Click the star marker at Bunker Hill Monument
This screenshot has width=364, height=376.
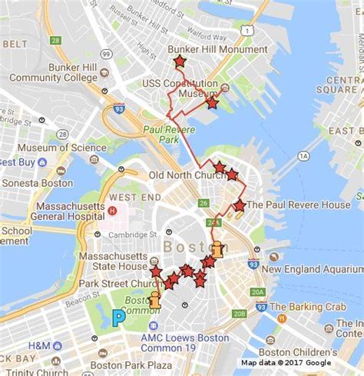pos(180,61)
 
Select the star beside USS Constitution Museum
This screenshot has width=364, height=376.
pos(213,102)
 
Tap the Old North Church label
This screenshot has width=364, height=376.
pos(187,175)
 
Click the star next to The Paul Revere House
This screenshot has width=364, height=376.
pos(239,205)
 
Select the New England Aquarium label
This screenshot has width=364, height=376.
pos(312,269)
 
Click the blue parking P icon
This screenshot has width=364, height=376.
pos(117,318)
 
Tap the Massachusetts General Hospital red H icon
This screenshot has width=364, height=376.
pos(112,210)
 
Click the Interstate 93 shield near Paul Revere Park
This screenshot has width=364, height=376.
pos(120,110)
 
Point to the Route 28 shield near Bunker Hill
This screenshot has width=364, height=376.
pos(55,40)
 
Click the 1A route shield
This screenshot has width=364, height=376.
pos(303,156)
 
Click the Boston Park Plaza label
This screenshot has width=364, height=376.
pos(131,365)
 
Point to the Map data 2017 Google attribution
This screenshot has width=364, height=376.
pos(286,363)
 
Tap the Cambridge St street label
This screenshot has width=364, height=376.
pos(127,235)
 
